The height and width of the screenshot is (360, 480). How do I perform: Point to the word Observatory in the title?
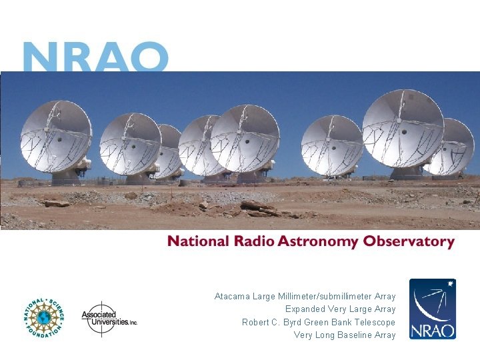(408, 242)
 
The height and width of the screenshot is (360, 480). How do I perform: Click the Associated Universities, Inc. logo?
(108, 319)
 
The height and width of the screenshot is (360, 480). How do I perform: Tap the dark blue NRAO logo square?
(432, 309)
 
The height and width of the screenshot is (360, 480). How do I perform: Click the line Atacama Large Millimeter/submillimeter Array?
(305, 296)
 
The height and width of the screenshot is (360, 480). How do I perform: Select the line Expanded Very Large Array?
(340, 309)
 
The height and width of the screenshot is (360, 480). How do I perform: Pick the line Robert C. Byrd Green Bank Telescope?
(318, 322)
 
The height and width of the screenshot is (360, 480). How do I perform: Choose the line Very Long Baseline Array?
(345, 335)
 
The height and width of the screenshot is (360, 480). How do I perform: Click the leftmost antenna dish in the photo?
(55, 137)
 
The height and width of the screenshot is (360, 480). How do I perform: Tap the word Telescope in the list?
(375, 322)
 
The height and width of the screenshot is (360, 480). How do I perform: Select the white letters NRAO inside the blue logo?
(432, 329)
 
